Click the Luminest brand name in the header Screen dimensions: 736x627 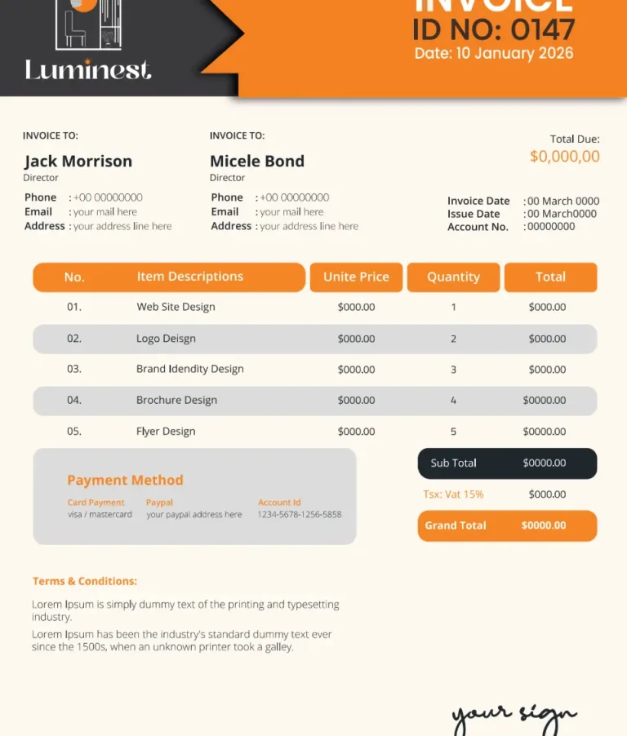pyautogui.click(x=88, y=70)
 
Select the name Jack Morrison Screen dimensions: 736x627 pyautogui.click(x=78, y=162)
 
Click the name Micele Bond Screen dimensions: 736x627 pyautogui.click(x=257, y=162)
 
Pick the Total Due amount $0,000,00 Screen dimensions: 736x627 pyautogui.click(x=564, y=157)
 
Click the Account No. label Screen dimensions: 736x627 pyautogui.click(x=478, y=227)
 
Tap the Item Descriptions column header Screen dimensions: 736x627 pyautogui.click(x=190, y=277)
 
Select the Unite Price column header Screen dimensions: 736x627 pyautogui.click(x=356, y=277)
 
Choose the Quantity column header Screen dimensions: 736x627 pyautogui.click(x=453, y=277)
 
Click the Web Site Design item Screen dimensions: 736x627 pyautogui.click(x=176, y=307)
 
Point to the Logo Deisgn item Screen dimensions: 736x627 pyautogui.click(x=166, y=339)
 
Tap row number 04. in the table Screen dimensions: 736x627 pyautogui.click(x=74, y=400)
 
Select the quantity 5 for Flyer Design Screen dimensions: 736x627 pyautogui.click(x=453, y=432)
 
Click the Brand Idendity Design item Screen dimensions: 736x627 pyautogui.click(x=190, y=369)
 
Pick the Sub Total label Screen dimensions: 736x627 pyautogui.click(x=454, y=463)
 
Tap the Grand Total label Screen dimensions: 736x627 pyautogui.click(x=456, y=525)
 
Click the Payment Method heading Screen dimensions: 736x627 pyautogui.click(x=125, y=481)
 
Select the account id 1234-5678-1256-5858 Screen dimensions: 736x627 pyautogui.click(x=300, y=515)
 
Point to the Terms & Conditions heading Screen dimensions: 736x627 pyautogui.click(x=85, y=582)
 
